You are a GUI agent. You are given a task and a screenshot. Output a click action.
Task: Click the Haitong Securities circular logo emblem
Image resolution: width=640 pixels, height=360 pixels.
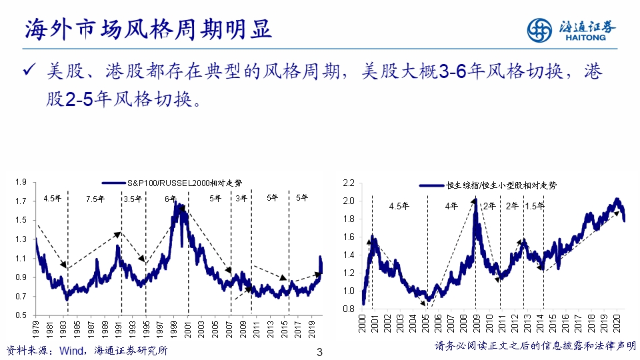pyautogui.click(x=541, y=30)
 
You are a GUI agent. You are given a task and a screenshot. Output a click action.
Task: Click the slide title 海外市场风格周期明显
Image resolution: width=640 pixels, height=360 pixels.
pyautogui.click(x=148, y=29)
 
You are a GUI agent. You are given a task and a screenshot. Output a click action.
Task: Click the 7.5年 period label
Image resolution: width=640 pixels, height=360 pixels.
pyautogui.click(x=95, y=198)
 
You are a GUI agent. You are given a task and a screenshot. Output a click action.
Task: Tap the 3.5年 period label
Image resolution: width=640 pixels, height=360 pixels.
pyautogui.click(x=133, y=198)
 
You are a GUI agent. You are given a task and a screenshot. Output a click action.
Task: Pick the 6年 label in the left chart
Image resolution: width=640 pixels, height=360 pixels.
pyautogui.click(x=170, y=198)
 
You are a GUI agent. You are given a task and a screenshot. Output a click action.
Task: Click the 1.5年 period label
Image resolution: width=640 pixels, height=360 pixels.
pyautogui.click(x=535, y=206)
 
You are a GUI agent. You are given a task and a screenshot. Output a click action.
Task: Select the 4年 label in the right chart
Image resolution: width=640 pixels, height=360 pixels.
pyautogui.click(x=451, y=206)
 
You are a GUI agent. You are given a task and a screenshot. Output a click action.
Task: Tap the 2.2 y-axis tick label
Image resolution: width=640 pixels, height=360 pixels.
pyautogui.click(x=347, y=183)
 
